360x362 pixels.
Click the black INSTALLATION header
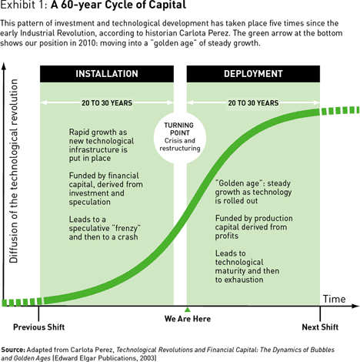pos(107,74)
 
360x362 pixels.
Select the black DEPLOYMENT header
pos(253,74)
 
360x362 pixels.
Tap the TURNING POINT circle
pos(180,137)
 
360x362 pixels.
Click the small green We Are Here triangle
pos(188,310)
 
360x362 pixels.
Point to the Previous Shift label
pos(38,327)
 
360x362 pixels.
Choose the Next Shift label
pos(320,327)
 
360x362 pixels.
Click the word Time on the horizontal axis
pos(334,299)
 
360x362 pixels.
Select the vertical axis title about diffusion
pos(13,171)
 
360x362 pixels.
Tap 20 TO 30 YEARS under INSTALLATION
pos(107,103)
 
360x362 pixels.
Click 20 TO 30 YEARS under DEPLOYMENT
pos(253,103)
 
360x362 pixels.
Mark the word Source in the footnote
pos(13,350)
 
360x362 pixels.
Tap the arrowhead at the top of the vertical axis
pos(4,65)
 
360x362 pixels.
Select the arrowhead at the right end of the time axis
pos(356,306)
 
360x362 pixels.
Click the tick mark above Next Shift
pos(320,313)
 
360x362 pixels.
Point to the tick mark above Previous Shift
pos(38,313)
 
